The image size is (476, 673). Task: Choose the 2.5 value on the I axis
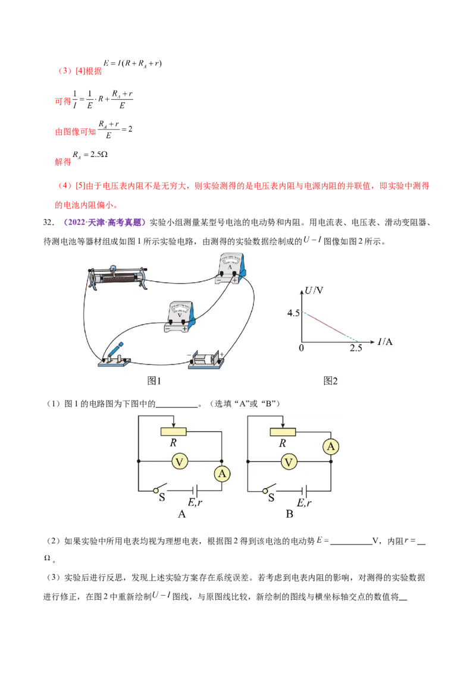356,348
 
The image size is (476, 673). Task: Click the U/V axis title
314,291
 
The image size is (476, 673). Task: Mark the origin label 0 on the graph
301,348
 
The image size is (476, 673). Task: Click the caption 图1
155,381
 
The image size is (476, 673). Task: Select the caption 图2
331,381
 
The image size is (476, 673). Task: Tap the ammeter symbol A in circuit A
222,473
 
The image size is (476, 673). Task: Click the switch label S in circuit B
271,498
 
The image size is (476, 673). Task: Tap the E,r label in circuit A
196,502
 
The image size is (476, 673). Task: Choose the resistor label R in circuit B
283,443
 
